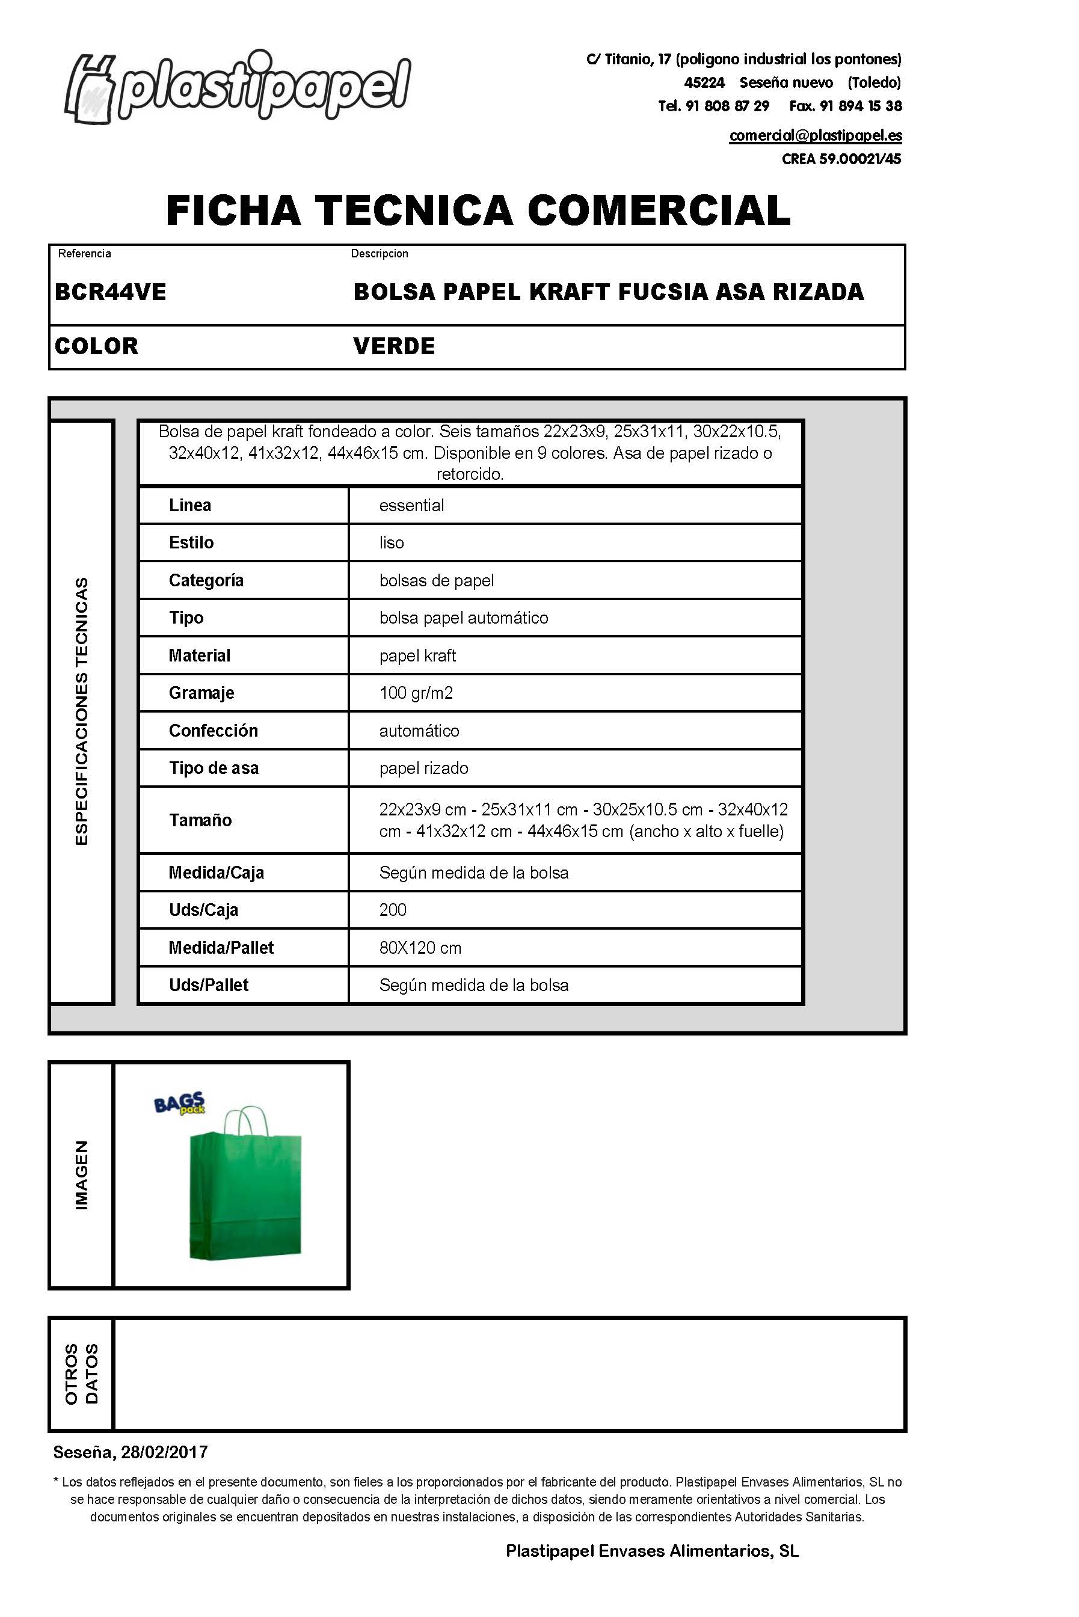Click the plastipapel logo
238,88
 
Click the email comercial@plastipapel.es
816,135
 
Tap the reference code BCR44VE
110,292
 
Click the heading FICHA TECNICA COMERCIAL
478,210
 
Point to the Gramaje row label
201,693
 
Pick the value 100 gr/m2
416,693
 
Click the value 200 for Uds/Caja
393,910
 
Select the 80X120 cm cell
420,948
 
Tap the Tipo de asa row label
214,769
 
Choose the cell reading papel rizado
424,769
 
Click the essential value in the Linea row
411,506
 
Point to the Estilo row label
191,542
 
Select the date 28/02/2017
164,1452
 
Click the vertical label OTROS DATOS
81,1373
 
